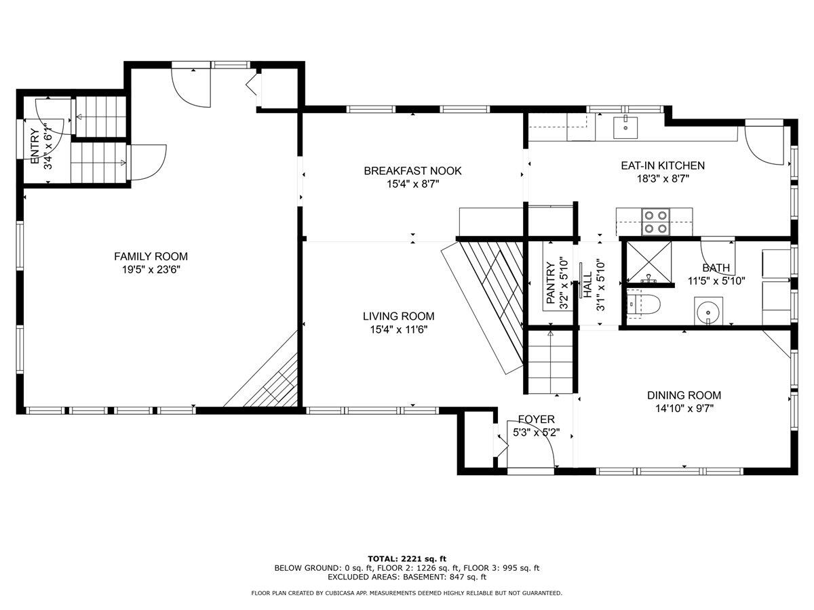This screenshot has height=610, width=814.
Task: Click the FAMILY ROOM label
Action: click(151, 256)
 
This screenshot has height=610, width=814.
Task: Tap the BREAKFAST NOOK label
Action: click(412, 171)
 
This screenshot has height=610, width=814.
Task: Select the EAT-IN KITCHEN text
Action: click(663, 165)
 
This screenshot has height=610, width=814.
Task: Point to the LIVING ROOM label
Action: click(398, 316)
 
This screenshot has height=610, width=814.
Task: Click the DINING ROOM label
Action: click(684, 395)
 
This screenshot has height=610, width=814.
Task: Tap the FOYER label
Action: click(536, 420)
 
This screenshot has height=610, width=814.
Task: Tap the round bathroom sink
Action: click(709, 312)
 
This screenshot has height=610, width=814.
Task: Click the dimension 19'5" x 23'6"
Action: click(151, 270)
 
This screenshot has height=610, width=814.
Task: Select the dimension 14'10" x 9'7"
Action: click(684, 408)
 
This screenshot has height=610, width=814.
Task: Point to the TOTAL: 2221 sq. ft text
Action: click(407, 558)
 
